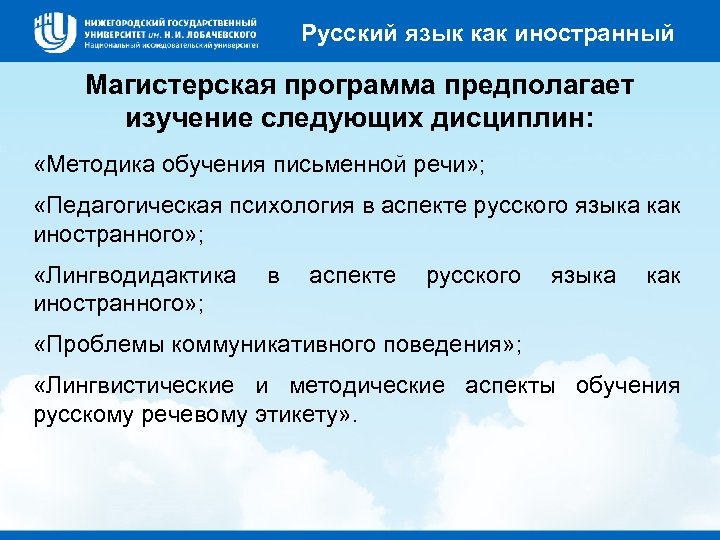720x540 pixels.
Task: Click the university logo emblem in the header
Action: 55,30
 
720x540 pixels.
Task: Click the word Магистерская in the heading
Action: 173,87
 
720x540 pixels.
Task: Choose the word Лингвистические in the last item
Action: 135,385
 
